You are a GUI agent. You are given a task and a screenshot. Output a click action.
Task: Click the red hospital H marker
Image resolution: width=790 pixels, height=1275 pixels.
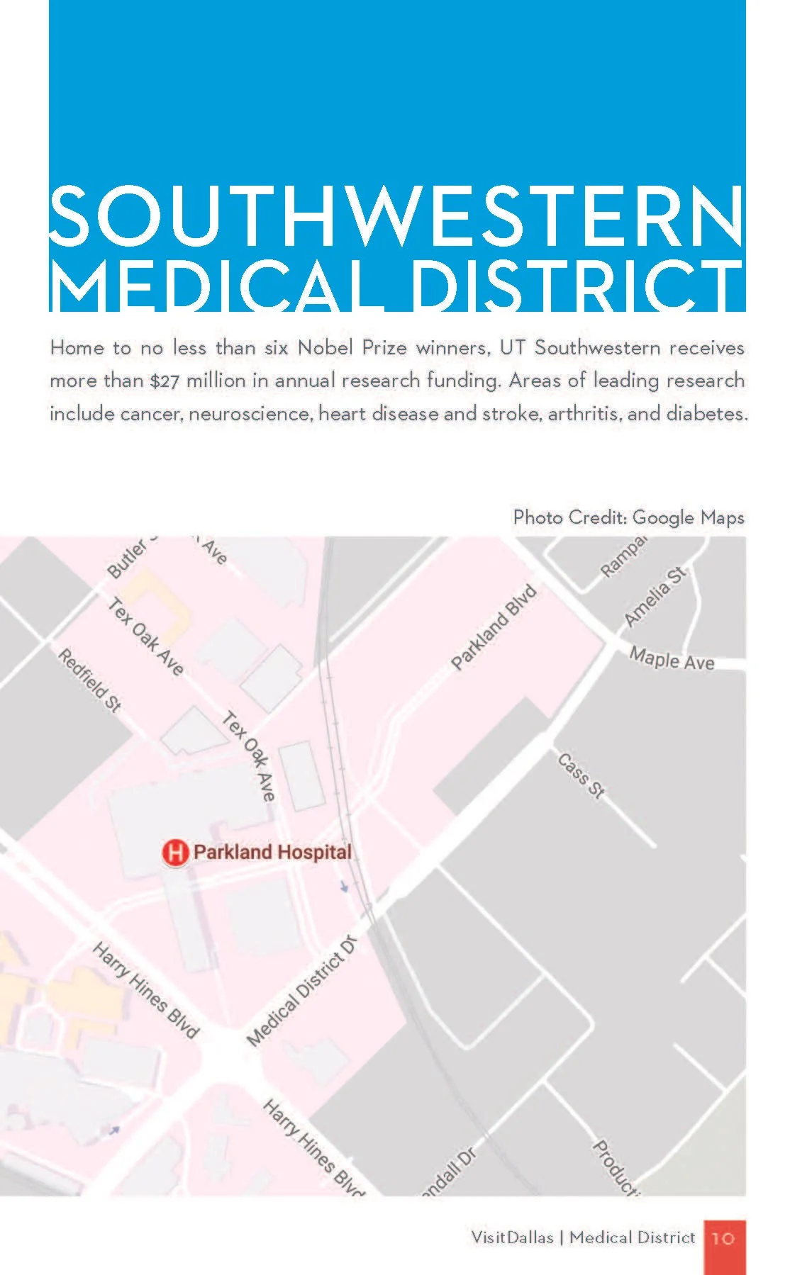point(174,852)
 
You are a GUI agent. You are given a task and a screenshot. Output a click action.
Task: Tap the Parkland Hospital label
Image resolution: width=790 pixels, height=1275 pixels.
point(272,852)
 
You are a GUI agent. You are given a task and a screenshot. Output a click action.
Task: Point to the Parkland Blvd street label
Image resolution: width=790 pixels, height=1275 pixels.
point(494,628)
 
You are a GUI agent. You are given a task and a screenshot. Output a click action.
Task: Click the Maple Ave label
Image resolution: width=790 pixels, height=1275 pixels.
point(672,659)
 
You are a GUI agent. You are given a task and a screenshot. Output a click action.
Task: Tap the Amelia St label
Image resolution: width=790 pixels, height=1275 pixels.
point(655,596)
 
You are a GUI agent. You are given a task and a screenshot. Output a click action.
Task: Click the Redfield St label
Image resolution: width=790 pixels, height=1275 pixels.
point(89,680)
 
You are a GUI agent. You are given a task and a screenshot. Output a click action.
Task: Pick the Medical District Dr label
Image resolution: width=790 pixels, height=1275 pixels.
point(301,991)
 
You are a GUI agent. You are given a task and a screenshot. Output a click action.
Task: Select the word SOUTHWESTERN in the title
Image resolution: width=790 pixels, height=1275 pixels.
point(396,215)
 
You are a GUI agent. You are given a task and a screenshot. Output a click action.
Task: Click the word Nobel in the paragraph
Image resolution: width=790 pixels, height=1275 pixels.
point(325,348)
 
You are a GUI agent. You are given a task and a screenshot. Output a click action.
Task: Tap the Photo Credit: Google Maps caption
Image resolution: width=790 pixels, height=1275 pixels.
point(628,517)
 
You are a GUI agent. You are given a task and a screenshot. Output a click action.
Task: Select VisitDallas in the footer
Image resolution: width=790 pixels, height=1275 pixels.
point(512,1237)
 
